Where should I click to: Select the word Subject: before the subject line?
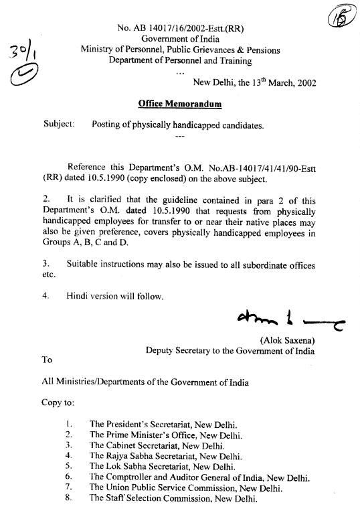coord(58,124)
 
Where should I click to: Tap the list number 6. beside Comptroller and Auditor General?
coord(69,477)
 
